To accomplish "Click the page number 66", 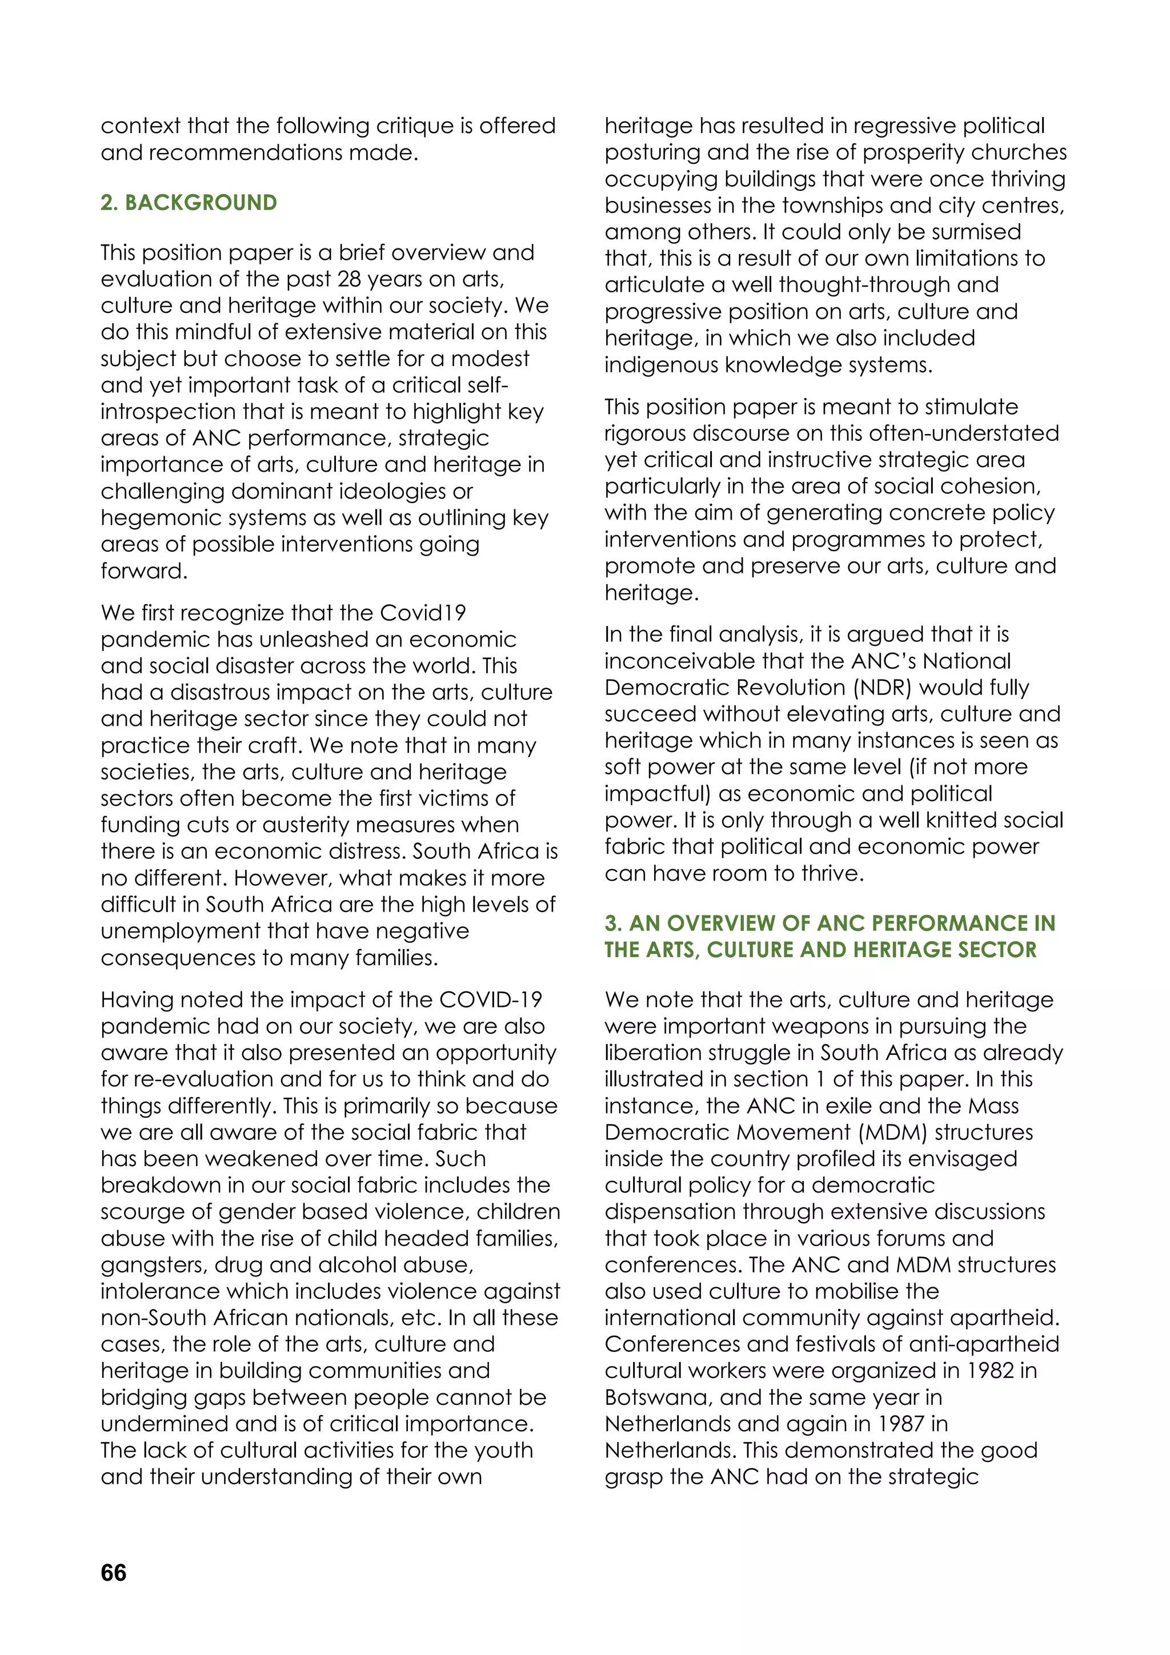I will click(x=113, y=1573).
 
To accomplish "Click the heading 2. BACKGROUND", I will click(x=189, y=203).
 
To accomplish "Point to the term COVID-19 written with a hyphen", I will click(x=490, y=1000).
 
